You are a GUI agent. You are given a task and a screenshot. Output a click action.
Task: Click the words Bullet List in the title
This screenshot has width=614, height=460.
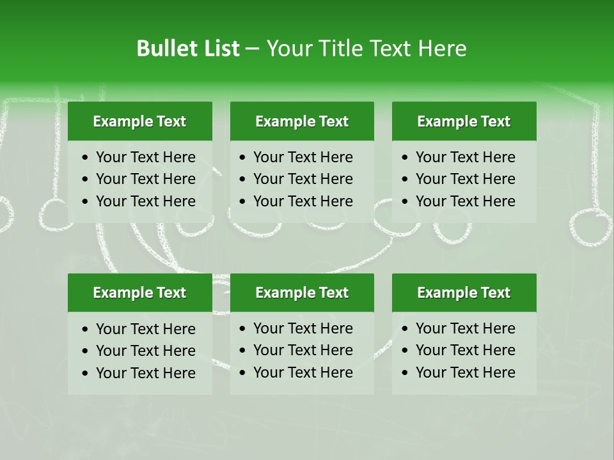[x=188, y=49]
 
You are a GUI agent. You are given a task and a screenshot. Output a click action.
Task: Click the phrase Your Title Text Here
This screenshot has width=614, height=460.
[x=366, y=49]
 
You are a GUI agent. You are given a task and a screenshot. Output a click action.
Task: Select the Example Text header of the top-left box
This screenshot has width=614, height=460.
[x=139, y=121]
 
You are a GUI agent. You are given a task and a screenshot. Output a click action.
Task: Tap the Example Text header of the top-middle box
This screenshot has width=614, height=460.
[x=302, y=121]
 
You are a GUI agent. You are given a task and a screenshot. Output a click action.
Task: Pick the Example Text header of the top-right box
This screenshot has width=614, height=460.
[x=464, y=121]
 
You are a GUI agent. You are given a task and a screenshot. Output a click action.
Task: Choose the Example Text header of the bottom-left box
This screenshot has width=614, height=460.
[x=139, y=293]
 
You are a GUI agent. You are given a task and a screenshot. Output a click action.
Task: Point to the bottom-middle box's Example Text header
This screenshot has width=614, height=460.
[x=302, y=293]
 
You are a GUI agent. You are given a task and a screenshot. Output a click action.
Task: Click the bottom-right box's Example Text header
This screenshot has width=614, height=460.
[x=464, y=293]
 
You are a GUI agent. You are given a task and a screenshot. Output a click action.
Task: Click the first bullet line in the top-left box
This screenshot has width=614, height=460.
[x=145, y=157]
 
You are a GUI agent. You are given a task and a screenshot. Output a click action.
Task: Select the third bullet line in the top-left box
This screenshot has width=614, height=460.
[x=145, y=201]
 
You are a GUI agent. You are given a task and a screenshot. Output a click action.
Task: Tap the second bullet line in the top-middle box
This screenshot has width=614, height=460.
[x=303, y=179]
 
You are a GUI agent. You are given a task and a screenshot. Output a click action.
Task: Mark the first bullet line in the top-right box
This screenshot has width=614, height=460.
[x=465, y=157]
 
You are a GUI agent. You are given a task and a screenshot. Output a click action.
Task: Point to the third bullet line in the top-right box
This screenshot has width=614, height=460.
[x=465, y=201]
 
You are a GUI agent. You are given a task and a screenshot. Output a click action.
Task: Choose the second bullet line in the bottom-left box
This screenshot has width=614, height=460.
[x=145, y=351]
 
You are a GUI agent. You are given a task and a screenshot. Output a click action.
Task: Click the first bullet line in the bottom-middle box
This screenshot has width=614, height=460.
[x=303, y=328]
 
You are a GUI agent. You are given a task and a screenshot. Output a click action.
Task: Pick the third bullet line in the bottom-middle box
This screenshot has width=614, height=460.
[x=303, y=372]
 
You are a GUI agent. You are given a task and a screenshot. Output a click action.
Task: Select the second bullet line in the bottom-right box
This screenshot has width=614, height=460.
[x=465, y=350]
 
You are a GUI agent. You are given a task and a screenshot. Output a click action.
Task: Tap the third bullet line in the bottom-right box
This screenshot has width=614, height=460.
[x=465, y=372]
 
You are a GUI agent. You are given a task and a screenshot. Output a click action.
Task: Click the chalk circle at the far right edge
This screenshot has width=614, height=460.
[x=590, y=227]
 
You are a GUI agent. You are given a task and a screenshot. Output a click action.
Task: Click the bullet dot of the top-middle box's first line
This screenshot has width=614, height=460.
[x=242, y=158]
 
